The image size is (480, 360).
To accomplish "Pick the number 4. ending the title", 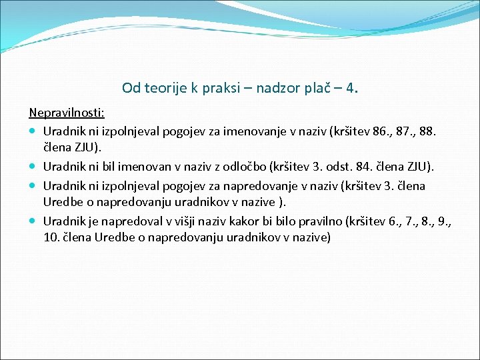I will pyautogui.click(x=352, y=87).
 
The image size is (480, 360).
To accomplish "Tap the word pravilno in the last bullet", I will pyautogui.click(x=328, y=219).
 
